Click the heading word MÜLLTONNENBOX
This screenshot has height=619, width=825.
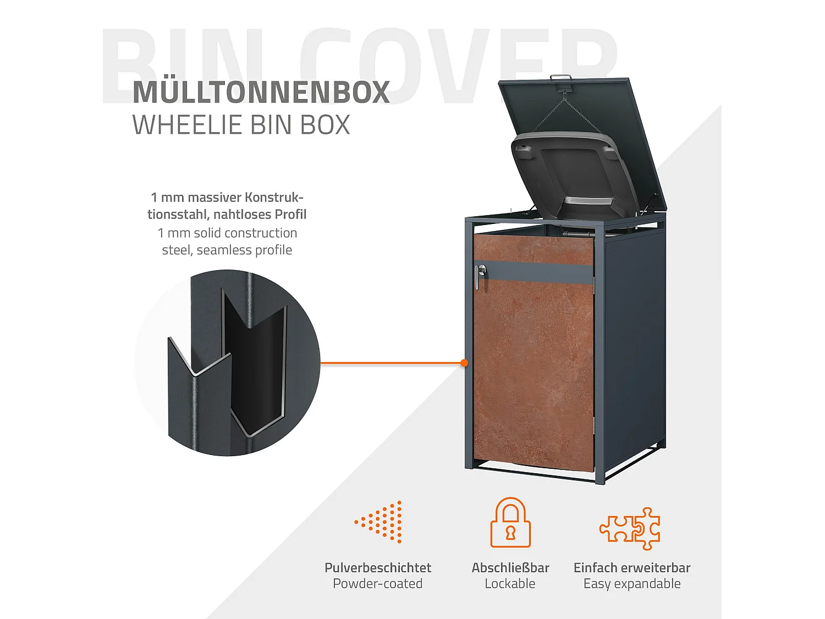[x=261, y=92]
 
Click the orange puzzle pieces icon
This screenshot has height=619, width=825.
[x=630, y=528]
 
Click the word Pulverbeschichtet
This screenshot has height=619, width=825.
[x=378, y=568]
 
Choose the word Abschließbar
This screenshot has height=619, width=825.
[x=510, y=568]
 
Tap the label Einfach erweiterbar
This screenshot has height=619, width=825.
[x=632, y=568]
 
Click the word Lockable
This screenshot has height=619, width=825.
[x=510, y=584]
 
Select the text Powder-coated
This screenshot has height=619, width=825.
[x=378, y=584]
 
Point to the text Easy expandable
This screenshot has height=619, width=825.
[x=632, y=584]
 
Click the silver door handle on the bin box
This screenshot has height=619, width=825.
[x=480, y=276]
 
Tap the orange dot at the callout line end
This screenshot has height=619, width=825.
[x=465, y=363]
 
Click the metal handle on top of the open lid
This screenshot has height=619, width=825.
[x=561, y=78]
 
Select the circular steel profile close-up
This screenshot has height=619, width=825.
[x=228, y=363]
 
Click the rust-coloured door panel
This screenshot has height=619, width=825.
[x=533, y=374]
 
